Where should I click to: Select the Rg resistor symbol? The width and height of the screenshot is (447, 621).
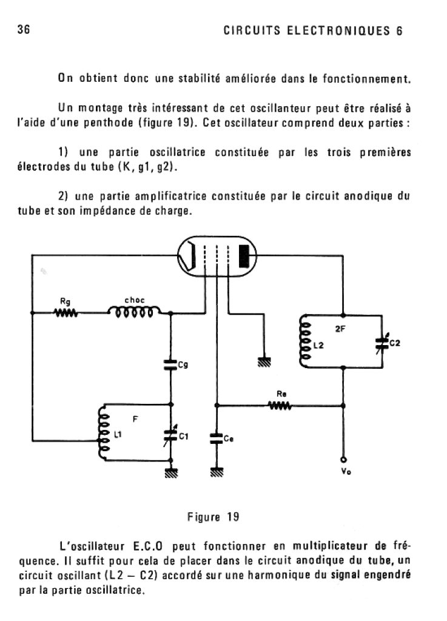pos(65,313)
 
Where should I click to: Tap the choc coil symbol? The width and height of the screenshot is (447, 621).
pos(134,312)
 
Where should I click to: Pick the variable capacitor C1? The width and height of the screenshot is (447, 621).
pos(170,435)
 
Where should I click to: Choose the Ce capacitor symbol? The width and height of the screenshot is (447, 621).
pos(216,438)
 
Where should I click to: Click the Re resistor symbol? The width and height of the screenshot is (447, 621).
pos(281,405)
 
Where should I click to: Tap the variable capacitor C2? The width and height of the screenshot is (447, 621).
pos(381,344)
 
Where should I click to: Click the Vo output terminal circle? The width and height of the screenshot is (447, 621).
pos(343,459)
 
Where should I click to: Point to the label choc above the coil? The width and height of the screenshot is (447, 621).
pos(133,300)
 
